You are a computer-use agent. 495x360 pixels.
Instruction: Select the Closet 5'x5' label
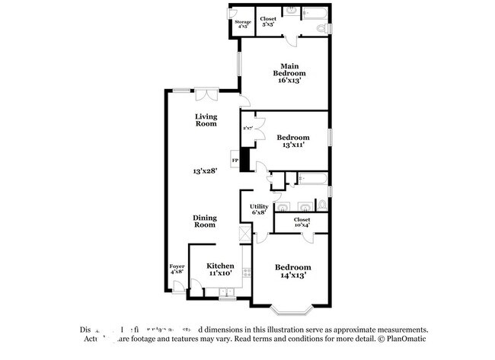point(268,21)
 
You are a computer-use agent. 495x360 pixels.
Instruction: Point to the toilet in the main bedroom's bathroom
point(323,29)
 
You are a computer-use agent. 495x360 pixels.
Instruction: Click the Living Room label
point(206,120)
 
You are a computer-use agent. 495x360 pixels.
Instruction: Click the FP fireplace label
point(235,161)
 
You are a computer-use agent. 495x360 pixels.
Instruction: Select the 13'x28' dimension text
point(206,172)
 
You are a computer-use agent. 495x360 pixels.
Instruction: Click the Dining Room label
point(204,221)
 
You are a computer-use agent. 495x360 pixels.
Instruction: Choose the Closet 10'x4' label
point(302,222)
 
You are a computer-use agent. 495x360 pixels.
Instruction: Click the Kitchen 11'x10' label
point(220,269)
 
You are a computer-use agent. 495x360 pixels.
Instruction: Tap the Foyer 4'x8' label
point(177,269)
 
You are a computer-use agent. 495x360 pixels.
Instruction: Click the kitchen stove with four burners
point(246,272)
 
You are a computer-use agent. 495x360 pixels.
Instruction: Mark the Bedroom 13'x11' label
point(293,142)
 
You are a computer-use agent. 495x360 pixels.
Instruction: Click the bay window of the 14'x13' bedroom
point(292,310)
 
